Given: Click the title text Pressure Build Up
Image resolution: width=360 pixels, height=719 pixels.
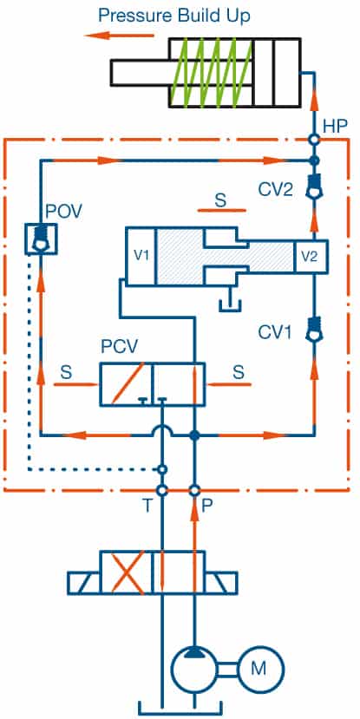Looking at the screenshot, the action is point(174,17).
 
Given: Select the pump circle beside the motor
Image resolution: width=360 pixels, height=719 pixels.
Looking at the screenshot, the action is point(194,669).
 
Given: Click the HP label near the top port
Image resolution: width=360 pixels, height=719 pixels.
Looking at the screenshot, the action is point(335,127).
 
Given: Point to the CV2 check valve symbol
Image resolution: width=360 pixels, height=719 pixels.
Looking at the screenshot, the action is point(314,188).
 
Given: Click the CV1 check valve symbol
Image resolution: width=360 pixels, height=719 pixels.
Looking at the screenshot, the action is point(314,331).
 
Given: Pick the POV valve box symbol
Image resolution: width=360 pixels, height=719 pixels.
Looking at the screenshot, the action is point(41,239).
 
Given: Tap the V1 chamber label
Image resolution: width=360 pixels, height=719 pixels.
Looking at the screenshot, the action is point(141,256).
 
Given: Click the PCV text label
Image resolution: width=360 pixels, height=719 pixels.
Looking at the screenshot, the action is point(119,347).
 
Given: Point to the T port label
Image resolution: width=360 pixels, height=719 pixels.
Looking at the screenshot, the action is point(147,505).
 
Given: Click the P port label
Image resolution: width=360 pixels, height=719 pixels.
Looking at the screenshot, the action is point(206,505).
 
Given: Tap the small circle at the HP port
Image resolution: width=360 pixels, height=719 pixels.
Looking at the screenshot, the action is point(314,140).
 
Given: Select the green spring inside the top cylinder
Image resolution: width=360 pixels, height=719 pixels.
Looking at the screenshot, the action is point(211,73).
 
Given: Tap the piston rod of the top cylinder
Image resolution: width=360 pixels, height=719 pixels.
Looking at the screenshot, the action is point(140,73).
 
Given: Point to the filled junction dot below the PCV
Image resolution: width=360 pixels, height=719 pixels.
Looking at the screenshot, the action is point(194,435).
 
